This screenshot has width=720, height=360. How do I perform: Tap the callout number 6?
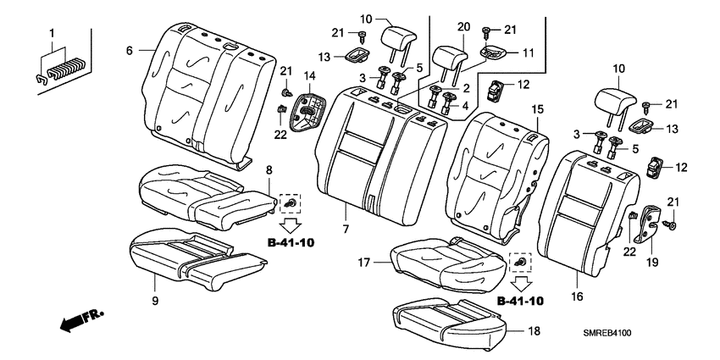(x=130, y=51)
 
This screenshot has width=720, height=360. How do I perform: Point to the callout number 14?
(x=310, y=76)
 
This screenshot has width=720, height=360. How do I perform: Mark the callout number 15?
(x=536, y=111)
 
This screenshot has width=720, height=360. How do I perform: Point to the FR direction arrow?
(x=80, y=321)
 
